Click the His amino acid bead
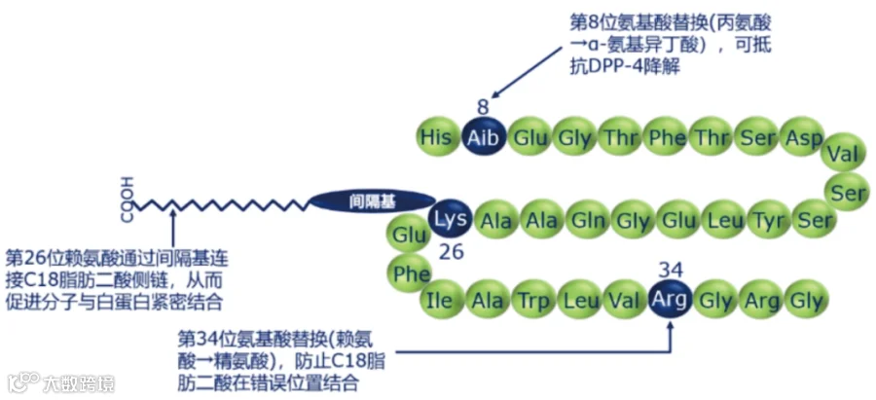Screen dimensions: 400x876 (x=436, y=137)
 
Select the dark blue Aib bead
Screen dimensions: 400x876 (x=483, y=137)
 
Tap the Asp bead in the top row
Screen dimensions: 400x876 (x=804, y=137)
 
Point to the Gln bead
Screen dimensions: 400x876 (x=587, y=221)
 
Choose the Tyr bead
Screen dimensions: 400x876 (x=768, y=221)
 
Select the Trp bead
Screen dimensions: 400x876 (x=530, y=300)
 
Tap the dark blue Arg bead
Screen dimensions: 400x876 (x=670, y=300)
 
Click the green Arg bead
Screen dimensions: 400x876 (x=761, y=300)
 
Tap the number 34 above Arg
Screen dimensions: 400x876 (x=670, y=268)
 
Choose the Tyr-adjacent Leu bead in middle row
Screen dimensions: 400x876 (x=722, y=221)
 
